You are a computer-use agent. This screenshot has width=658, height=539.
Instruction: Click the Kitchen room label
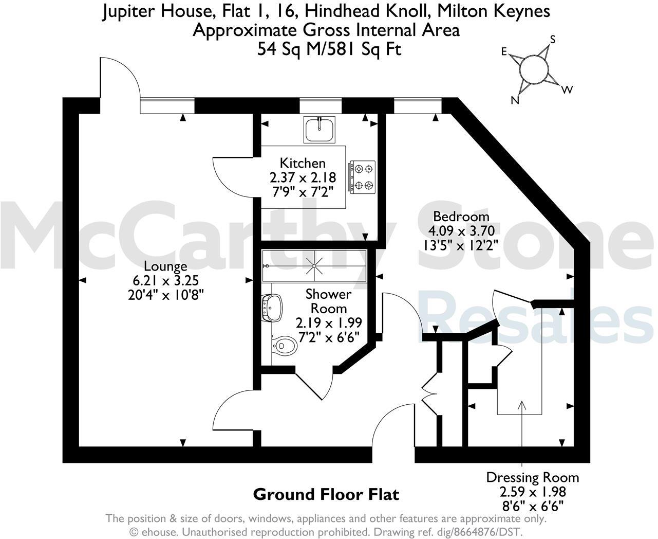point(303,163)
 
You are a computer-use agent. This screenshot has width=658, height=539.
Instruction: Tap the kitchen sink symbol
point(319,129)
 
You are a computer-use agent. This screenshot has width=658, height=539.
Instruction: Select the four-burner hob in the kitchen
point(363,177)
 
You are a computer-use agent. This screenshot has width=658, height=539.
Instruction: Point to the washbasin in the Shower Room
point(271,308)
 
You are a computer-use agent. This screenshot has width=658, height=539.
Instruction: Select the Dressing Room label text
point(532,477)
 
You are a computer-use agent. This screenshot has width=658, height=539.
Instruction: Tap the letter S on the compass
point(553,40)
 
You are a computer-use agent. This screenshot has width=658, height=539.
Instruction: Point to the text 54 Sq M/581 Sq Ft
point(329,49)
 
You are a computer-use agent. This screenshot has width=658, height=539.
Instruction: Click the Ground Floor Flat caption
point(326,495)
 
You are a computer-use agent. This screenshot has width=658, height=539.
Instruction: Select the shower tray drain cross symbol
point(314,266)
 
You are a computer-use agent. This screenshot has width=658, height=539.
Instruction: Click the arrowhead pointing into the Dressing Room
point(522,405)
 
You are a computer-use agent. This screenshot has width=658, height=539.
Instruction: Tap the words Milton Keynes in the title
point(498,11)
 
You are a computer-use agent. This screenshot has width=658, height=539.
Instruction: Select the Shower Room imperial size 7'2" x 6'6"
point(329,336)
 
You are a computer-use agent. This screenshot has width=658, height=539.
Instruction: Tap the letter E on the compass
point(504,51)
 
